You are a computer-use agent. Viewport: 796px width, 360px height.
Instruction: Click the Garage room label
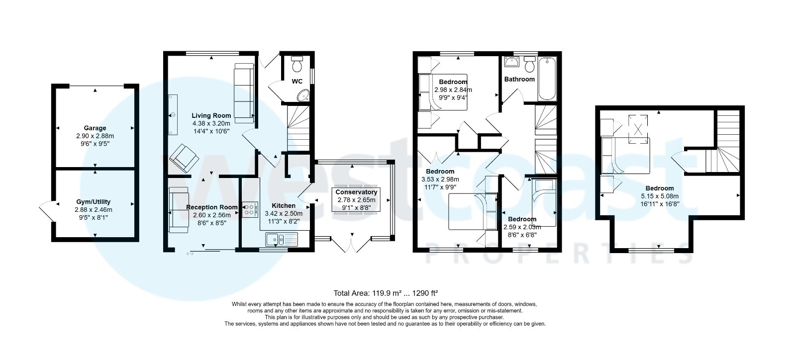point(95,128)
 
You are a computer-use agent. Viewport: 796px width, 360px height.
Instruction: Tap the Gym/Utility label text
point(94,202)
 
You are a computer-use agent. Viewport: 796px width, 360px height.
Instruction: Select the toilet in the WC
point(297,65)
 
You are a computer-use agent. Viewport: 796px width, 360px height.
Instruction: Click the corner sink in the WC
point(303,95)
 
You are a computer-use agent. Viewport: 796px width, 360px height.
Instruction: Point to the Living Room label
point(211,116)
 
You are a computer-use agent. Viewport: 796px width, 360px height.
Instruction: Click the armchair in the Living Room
point(184,158)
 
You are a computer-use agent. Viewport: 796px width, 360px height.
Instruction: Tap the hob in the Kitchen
point(250,209)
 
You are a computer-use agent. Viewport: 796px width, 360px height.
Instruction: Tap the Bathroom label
point(519,79)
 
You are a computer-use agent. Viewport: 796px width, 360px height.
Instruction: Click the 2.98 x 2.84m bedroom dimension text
point(453,90)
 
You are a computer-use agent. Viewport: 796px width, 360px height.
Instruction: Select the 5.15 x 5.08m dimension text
point(660,196)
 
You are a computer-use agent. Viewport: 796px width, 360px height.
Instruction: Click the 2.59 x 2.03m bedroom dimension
point(522,227)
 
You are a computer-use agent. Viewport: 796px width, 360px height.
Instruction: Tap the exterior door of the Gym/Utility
point(47,211)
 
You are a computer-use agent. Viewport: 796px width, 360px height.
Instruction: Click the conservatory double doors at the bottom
point(351,245)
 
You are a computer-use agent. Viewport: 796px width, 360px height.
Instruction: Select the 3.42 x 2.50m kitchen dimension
point(284,213)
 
